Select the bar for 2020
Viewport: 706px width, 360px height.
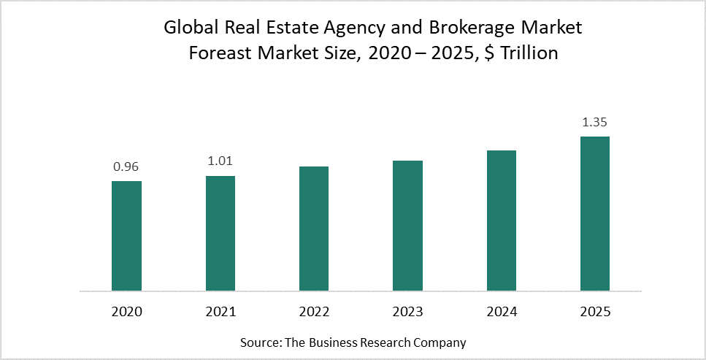click(126, 236)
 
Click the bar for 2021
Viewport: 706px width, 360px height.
click(220, 234)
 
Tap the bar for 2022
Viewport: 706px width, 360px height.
click(314, 229)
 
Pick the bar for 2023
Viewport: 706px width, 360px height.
click(407, 226)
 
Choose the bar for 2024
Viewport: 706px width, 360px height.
click(502, 221)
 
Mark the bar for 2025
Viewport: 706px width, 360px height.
click(595, 213)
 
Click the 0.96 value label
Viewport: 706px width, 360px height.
click(126, 167)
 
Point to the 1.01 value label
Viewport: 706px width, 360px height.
click(220, 162)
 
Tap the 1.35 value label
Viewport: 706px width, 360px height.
click(595, 122)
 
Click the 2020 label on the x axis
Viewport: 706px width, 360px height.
click(126, 312)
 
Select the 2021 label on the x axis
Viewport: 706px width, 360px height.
click(220, 312)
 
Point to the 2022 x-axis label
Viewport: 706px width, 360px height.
click(314, 312)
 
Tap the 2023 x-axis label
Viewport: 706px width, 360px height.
click(407, 312)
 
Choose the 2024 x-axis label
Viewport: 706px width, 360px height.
click(502, 312)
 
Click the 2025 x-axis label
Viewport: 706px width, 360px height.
click(595, 312)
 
